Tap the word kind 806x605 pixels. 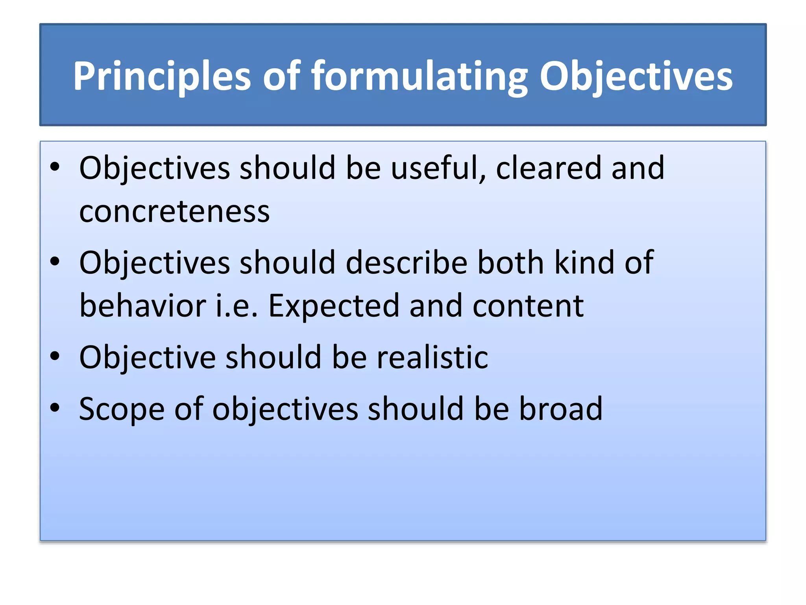[x=584, y=263]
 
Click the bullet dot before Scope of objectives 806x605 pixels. [x=55, y=408]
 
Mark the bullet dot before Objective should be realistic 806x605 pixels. [x=55, y=356]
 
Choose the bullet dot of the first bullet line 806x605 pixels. [x=55, y=167]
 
